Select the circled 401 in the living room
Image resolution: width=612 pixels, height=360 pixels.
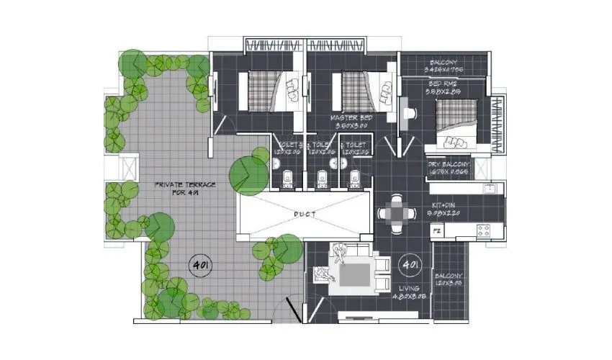[x=412, y=264]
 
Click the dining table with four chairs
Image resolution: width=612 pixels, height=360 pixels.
[x=397, y=212]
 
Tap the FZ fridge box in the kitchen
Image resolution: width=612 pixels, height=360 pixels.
[x=436, y=232]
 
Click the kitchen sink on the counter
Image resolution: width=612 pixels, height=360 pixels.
[x=490, y=190]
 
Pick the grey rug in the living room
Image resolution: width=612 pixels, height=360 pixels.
[x=357, y=275]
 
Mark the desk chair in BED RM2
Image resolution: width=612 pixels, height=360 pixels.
[x=410, y=114]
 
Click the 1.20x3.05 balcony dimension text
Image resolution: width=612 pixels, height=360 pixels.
[x=449, y=283]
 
